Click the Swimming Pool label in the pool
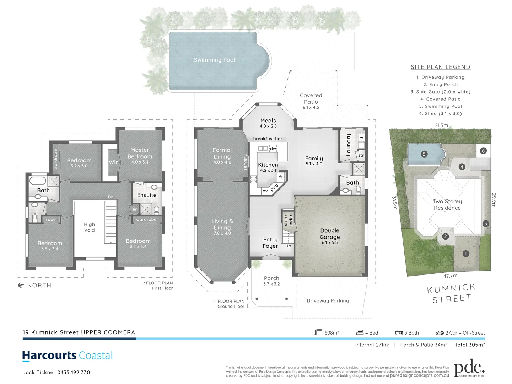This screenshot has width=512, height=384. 214,60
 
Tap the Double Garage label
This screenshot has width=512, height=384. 330,234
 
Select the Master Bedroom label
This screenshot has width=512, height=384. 140,153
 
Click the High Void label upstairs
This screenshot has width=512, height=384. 89,227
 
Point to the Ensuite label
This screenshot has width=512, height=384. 147,195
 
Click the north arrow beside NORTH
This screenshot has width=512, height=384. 21,285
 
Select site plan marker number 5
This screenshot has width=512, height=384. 424,154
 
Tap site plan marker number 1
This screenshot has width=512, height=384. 465,254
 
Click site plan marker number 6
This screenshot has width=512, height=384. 483,151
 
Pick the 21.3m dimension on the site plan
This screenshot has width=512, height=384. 441,126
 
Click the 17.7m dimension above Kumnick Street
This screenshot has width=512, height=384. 451,276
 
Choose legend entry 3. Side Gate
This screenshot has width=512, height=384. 440,92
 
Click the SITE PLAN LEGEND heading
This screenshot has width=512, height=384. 440,67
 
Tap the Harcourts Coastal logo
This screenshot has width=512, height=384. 68,356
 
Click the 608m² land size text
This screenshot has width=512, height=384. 332,333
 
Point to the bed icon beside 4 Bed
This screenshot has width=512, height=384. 360,332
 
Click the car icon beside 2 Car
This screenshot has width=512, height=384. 439,333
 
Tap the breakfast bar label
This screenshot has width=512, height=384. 268,139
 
